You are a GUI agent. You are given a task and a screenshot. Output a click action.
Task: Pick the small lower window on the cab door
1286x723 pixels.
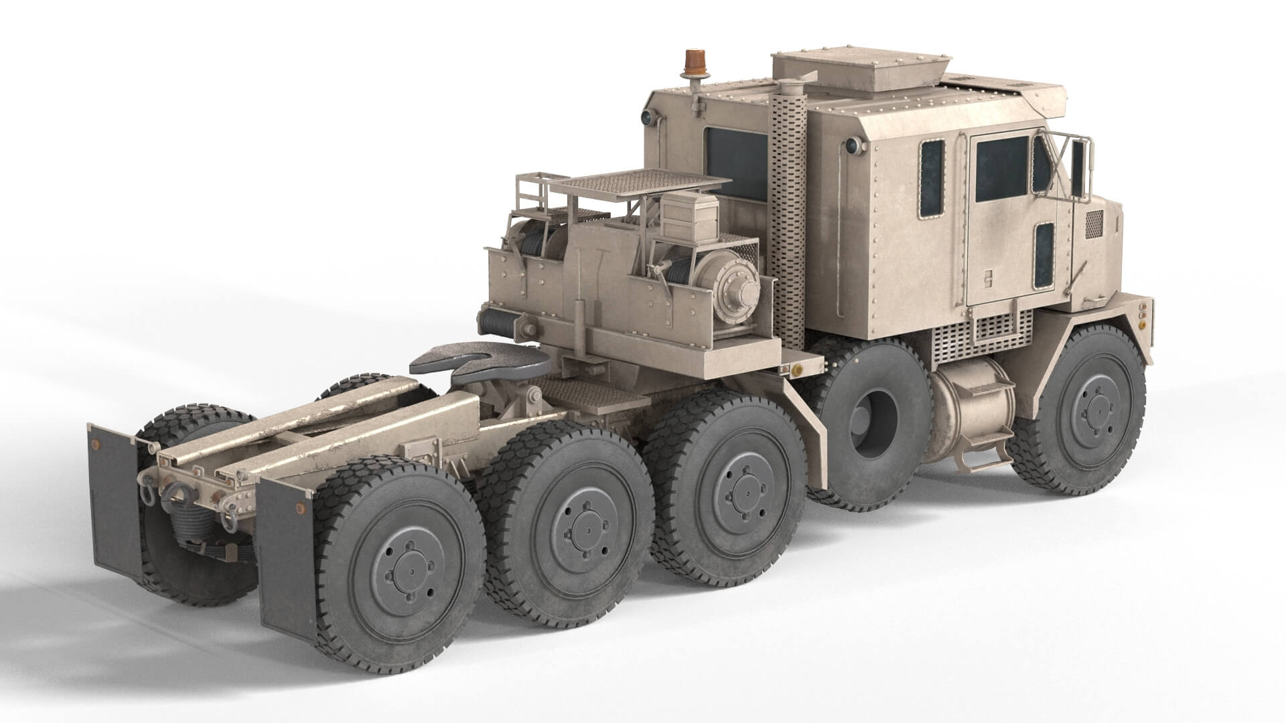[x=1043, y=256]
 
